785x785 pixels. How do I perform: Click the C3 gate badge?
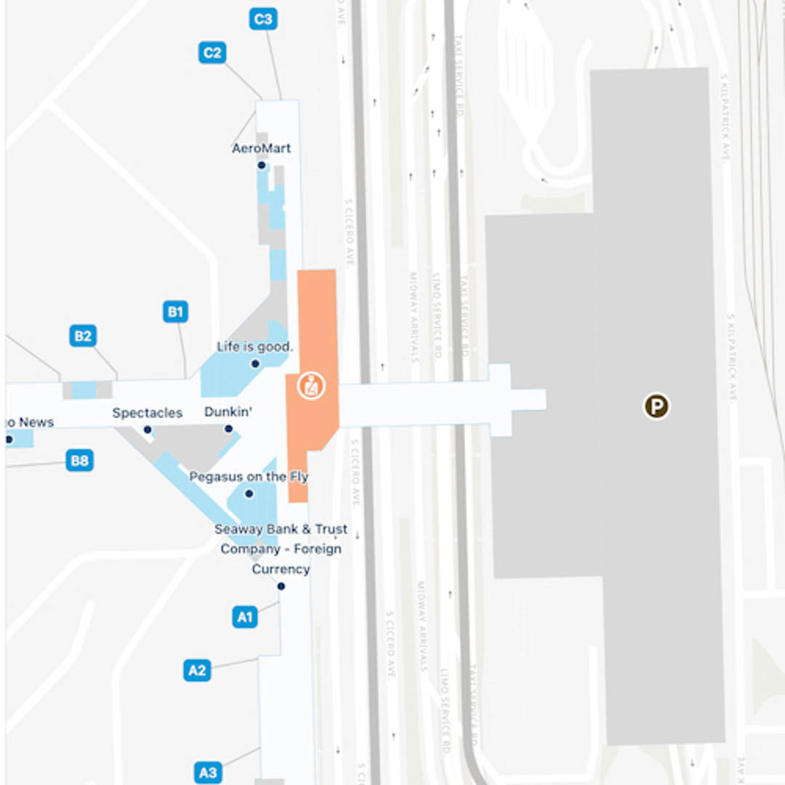coord(262,19)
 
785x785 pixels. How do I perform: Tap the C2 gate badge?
coord(212,53)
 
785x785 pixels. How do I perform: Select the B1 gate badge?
coord(175,313)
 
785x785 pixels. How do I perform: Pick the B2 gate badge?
coord(84,336)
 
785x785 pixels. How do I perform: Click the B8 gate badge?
coord(79,460)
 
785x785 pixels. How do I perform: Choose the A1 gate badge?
coord(245,617)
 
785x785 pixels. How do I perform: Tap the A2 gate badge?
coord(197,670)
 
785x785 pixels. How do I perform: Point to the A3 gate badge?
coord(208,771)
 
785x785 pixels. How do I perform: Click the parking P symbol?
coord(656,406)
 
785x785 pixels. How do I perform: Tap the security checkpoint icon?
coord(312,386)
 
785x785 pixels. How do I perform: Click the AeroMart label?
coord(262,148)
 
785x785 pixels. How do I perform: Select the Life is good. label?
coord(255,347)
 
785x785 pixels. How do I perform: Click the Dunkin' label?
coord(228,412)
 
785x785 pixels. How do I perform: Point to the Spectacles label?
coord(148,413)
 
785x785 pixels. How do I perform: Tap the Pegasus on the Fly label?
coord(249,477)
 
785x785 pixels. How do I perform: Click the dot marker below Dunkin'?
coord(228,429)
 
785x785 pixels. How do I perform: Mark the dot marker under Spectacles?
coord(148,430)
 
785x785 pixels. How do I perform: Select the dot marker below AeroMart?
coord(262,166)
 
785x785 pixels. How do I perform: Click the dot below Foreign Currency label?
coord(281,587)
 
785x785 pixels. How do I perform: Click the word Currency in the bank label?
coord(281,569)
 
